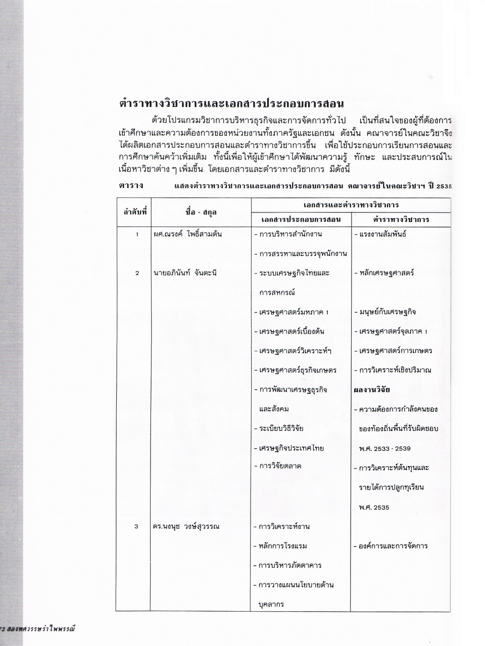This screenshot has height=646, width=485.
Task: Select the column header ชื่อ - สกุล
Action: click(x=201, y=212)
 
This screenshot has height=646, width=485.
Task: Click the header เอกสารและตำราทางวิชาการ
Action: click(x=351, y=205)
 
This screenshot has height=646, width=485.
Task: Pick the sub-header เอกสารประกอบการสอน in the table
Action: click(x=301, y=220)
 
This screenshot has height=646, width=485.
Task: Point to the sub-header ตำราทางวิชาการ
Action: click(x=401, y=220)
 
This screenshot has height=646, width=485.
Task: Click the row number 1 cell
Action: click(x=136, y=234)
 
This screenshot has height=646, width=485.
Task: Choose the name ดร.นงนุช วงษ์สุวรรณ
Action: click(x=186, y=526)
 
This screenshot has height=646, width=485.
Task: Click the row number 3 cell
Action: click(x=136, y=526)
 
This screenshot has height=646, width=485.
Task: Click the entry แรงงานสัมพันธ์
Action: click(x=381, y=234)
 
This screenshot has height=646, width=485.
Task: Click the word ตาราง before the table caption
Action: click(x=131, y=185)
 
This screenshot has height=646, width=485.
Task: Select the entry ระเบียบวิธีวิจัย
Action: click(x=281, y=428)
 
